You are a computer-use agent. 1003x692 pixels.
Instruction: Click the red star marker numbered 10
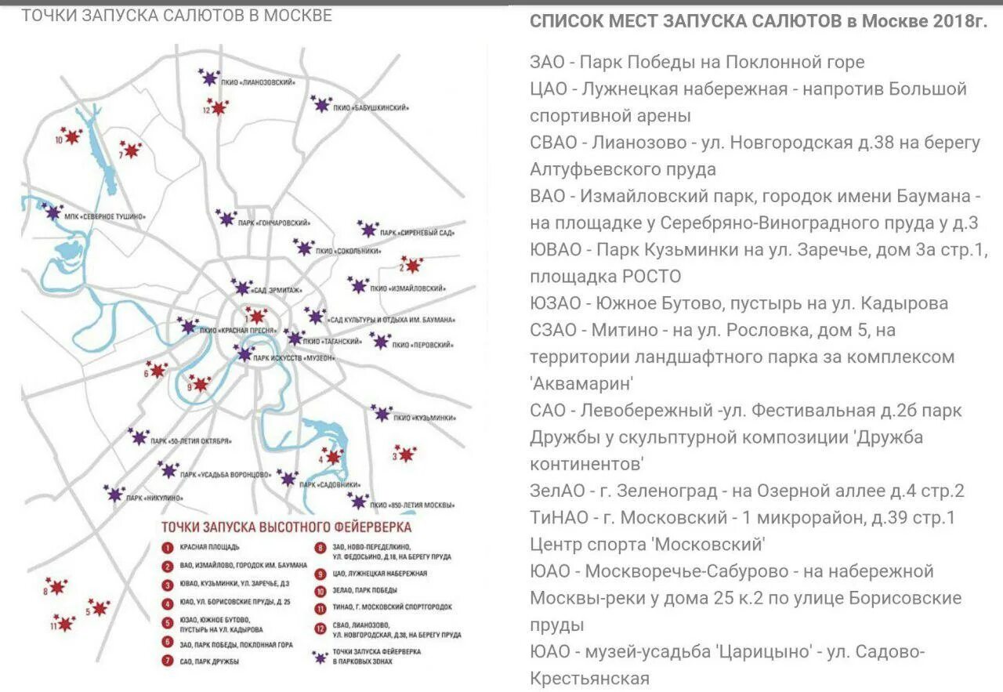[72, 137]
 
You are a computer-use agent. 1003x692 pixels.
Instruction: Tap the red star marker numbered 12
[218, 107]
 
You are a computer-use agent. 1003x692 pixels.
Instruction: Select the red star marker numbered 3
[406, 454]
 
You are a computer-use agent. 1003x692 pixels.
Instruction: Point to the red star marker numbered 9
[201, 384]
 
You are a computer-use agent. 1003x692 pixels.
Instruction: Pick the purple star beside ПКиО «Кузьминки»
[382, 413]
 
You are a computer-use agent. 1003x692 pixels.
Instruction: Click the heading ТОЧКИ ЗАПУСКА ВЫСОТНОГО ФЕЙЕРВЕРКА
[285, 527]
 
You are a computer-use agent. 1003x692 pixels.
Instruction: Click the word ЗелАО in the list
[557, 491]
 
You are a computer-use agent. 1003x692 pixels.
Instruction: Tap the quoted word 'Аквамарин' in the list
[581, 383]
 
